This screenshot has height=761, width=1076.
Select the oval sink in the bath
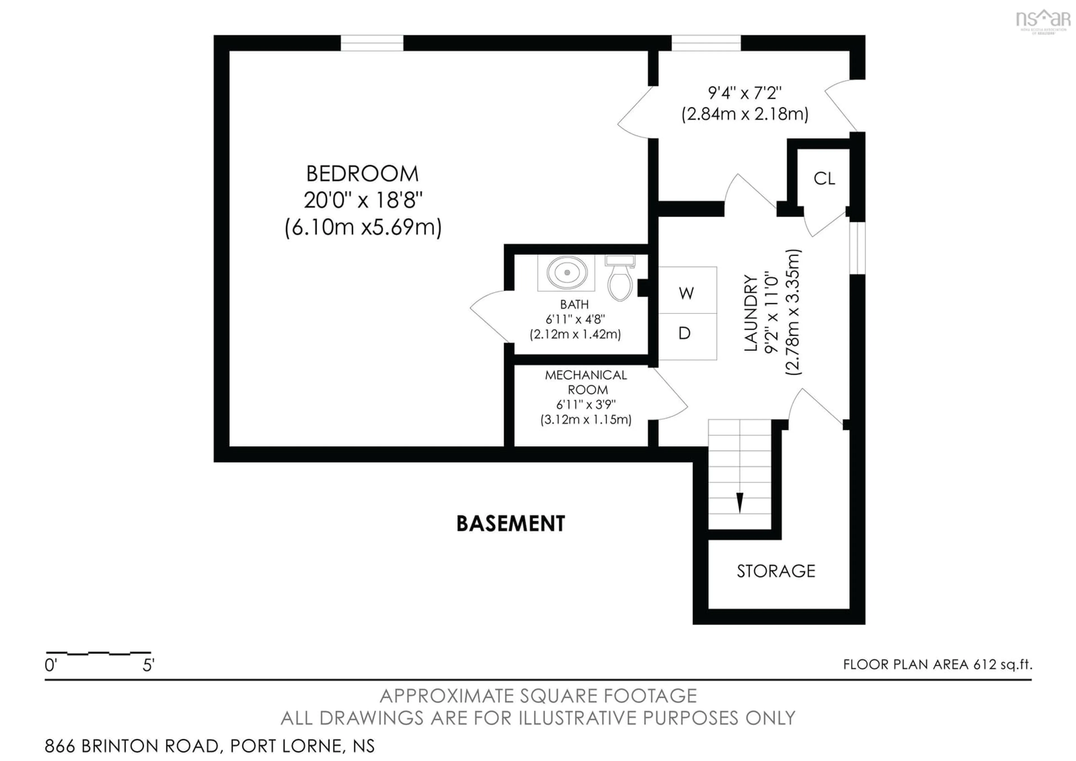tap(567, 273)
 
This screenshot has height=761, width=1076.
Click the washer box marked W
tap(687, 291)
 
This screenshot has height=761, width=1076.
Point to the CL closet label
tap(824, 179)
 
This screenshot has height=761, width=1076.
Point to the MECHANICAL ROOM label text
tap(586, 382)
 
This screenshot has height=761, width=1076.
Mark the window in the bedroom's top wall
tap(372, 43)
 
